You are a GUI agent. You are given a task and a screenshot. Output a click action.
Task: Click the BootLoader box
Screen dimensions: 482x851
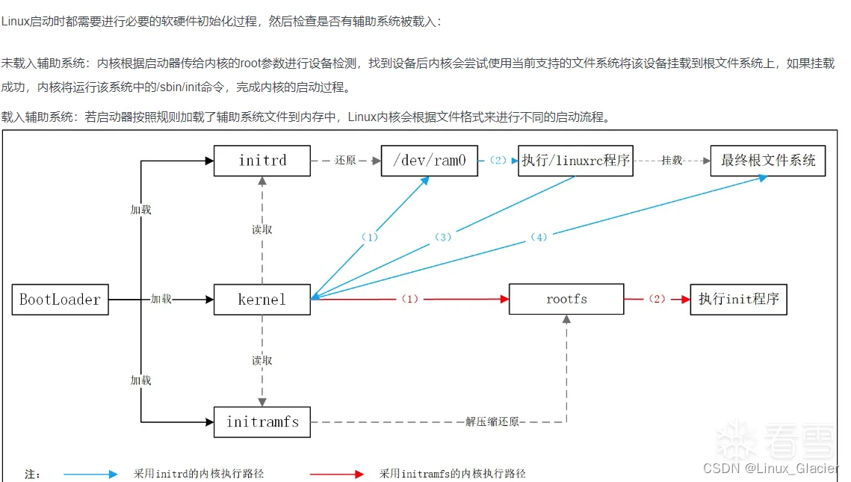coord(60,300)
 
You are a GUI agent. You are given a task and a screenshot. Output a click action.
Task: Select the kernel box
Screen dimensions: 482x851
coord(262,300)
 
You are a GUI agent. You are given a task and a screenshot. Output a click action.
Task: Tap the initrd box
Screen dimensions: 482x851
coord(262,161)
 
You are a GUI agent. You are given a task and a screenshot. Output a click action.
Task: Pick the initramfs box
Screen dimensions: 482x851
coord(262,422)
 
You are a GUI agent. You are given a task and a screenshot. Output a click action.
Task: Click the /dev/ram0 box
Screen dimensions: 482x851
coord(429,161)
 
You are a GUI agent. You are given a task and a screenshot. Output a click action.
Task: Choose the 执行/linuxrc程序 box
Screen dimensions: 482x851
coord(575,161)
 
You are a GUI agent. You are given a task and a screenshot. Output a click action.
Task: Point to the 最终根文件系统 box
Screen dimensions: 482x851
coord(767,161)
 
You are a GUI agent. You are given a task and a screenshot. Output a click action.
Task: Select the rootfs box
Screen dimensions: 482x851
coord(566,300)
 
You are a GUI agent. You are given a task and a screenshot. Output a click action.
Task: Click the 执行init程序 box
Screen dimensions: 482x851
coord(738,300)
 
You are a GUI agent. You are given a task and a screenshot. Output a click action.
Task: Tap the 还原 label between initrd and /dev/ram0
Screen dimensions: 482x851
coord(345,161)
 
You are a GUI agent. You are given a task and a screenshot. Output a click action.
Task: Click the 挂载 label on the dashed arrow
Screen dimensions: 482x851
coord(671,161)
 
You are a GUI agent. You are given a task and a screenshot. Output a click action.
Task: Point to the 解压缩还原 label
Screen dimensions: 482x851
coord(492,422)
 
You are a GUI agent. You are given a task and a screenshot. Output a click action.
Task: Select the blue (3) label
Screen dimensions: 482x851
coord(443,238)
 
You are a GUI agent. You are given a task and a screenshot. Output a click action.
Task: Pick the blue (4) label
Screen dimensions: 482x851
coord(539,238)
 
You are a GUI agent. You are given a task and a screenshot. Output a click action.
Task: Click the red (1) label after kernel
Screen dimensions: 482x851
coord(409,299)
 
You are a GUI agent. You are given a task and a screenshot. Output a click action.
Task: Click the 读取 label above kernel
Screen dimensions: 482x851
coord(262,229)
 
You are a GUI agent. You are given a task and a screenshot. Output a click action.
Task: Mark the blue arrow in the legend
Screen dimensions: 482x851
coord(90,474)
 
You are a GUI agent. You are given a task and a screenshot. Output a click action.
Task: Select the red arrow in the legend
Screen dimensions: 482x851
coord(337,474)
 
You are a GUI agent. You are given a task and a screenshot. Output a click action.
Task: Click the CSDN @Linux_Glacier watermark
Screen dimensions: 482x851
coord(770,469)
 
